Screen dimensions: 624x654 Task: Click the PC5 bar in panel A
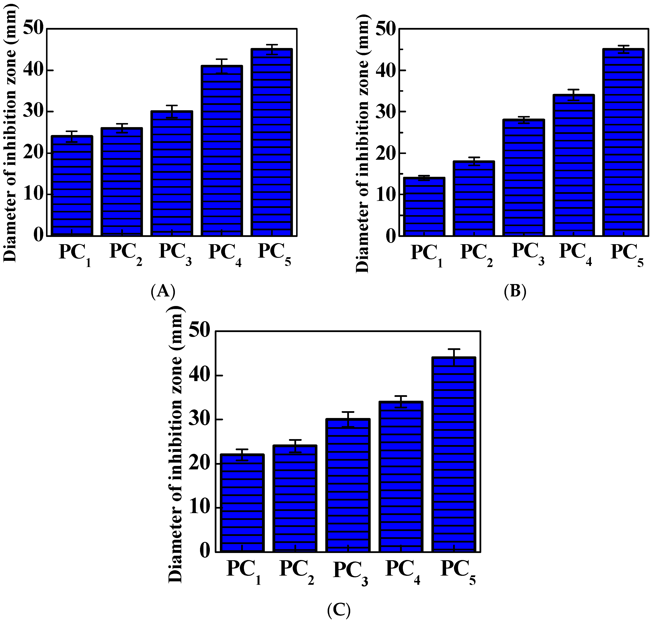click(272, 143)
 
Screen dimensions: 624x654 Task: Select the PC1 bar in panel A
click(72, 186)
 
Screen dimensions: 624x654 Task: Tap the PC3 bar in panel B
click(524, 178)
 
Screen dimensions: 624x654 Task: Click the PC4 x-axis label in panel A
click(225, 254)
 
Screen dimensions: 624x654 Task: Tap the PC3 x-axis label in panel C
click(351, 573)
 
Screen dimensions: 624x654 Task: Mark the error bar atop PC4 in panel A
click(222, 66)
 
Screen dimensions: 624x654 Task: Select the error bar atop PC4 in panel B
click(573, 95)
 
